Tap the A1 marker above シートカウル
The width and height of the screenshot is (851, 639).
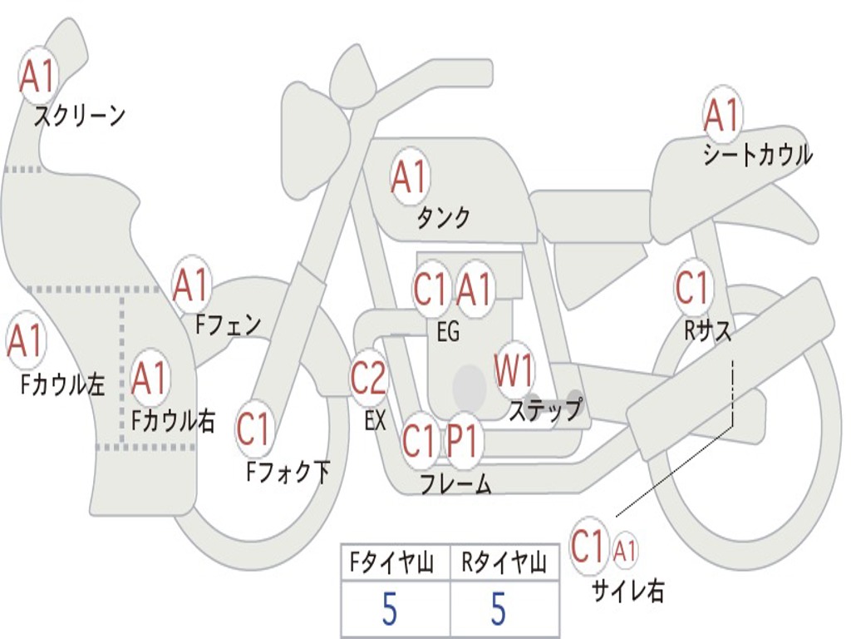point(722,115)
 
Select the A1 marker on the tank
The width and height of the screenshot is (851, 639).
point(411,177)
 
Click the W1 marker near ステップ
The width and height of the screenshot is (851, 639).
point(514,369)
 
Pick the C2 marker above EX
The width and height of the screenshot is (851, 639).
point(369,377)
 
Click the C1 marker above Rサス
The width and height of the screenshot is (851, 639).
point(693,286)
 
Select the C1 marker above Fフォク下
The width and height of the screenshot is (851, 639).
point(253,429)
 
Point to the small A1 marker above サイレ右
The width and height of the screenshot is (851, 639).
point(625,551)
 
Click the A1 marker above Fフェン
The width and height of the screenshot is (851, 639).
point(191,285)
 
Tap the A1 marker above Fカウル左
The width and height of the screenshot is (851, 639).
point(26,340)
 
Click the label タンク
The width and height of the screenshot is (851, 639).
point(444,217)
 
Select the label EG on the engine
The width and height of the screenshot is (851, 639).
point(448,331)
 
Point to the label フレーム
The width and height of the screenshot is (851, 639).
point(456,483)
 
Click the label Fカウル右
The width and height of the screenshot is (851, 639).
point(173,420)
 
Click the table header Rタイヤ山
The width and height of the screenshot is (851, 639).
point(504,562)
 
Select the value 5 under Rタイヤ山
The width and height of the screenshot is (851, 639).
point(499,608)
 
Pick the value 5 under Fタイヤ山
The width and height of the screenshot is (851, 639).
point(389,608)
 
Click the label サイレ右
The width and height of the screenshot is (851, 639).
point(628,590)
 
